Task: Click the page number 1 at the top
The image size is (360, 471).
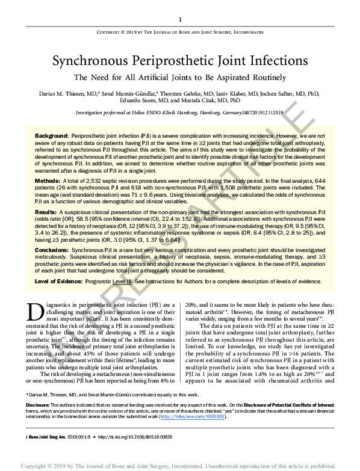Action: pos(180,20)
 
